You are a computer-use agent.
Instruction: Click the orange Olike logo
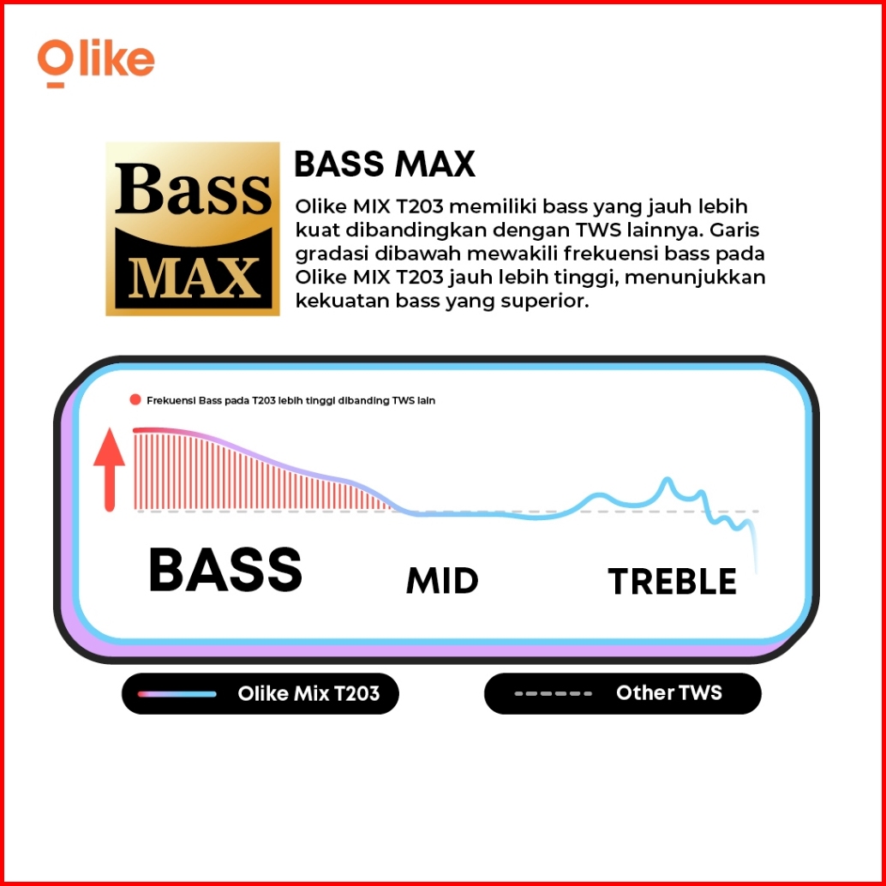pyautogui.click(x=96, y=63)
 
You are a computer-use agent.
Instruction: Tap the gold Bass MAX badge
pyautogui.click(x=193, y=229)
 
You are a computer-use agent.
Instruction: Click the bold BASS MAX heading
pyautogui.click(x=385, y=165)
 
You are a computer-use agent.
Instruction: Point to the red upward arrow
pyautogui.click(x=109, y=470)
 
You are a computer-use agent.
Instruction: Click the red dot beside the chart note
pyautogui.click(x=135, y=400)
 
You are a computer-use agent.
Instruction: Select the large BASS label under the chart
pyautogui.click(x=224, y=570)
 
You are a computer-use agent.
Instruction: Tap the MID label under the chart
pyautogui.click(x=442, y=581)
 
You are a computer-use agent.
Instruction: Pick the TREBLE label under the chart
pyautogui.click(x=673, y=582)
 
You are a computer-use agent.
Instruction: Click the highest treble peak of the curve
pyautogui.click(x=667, y=479)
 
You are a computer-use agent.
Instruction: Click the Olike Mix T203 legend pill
pyautogui.click(x=260, y=693)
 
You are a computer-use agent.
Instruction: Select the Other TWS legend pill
pyautogui.click(x=623, y=693)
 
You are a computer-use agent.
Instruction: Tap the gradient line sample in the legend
pyautogui.click(x=177, y=694)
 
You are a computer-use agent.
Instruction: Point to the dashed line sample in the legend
pyautogui.click(x=554, y=693)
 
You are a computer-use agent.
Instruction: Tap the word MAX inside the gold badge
pyautogui.click(x=193, y=278)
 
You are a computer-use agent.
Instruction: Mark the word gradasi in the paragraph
pyautogui.click(x=332, y=254)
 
